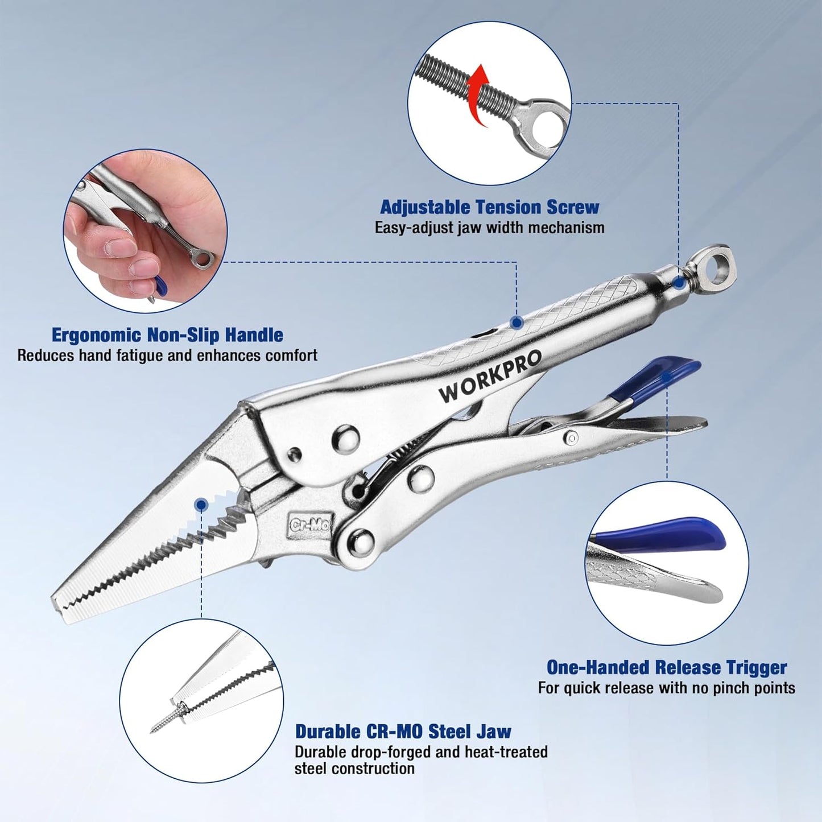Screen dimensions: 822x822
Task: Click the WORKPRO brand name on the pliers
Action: (x=490, y=376)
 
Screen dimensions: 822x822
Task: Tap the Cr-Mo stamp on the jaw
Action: (x=309, y=524)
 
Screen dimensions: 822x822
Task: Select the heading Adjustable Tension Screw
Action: (x=490, y=207)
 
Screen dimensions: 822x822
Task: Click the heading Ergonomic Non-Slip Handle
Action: (x=167, y=335)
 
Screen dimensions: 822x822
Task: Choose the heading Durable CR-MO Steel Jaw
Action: (x=403, y=732)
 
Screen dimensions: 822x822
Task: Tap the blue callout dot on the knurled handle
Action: (x=517, y=323)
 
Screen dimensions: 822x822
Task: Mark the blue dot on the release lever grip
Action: (x=666, y=378)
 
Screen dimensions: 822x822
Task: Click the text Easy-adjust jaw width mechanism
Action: (x=490, y=228)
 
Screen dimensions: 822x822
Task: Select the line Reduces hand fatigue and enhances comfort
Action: (x=167, y=356)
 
